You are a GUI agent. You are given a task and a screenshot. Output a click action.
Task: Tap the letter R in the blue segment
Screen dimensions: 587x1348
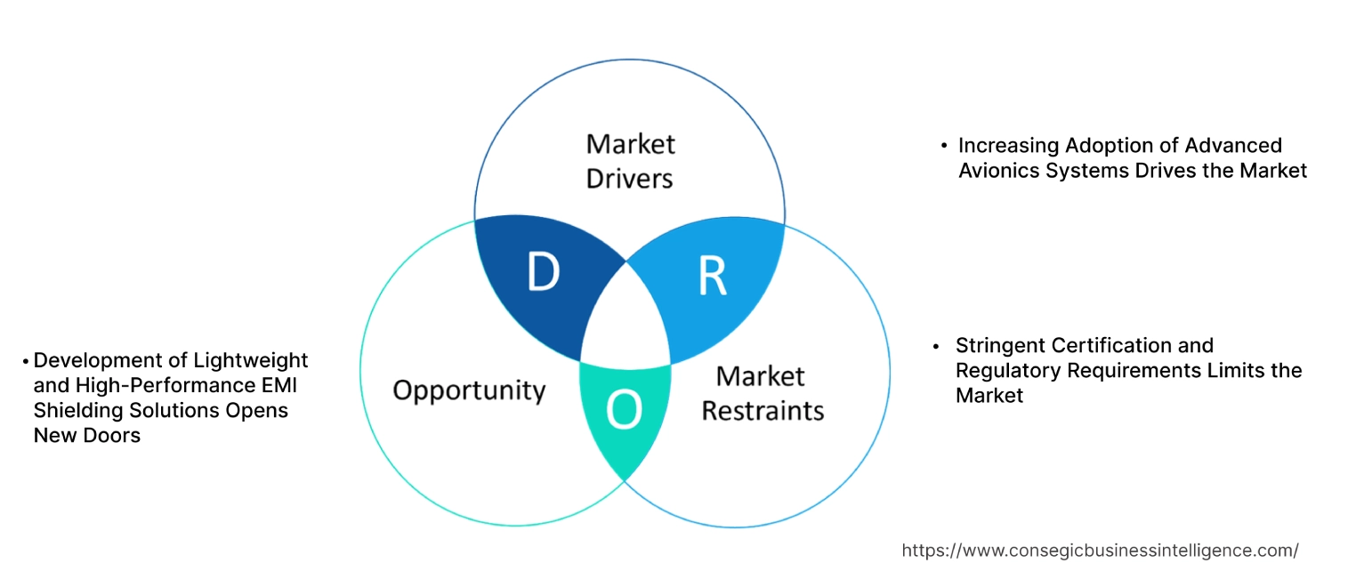coord(712,277)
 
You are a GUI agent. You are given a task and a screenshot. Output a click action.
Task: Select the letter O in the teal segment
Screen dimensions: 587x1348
coord(623,411)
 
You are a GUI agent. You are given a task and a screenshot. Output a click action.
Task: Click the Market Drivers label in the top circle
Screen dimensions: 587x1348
coord(630,161)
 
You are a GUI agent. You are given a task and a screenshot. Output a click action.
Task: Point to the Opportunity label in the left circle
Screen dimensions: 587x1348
coord(469,390)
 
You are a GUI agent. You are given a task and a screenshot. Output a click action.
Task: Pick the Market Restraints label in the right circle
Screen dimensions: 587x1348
coord(763,393)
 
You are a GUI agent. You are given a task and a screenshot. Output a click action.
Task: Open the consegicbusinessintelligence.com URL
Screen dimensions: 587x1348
coord(1100,551)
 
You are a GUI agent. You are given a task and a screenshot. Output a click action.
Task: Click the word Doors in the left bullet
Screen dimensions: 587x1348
coord(115,436)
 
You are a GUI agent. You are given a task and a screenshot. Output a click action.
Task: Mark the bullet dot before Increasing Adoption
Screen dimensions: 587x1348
coord(944,145)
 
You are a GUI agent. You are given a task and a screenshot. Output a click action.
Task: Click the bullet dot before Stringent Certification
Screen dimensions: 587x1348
coord(936,345)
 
